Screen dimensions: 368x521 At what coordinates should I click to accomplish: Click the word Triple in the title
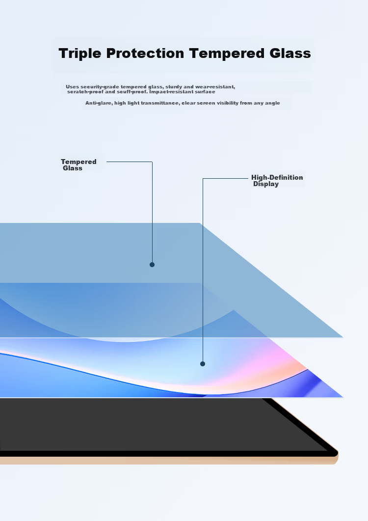tap(79, 54)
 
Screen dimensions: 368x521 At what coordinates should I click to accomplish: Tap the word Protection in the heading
tap(145, 53)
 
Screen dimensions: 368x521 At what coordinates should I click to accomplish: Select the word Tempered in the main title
tap(227, 53)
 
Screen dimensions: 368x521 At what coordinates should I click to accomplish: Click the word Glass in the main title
tap(290, 53)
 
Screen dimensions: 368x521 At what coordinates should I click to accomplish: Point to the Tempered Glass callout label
tap(79, 165)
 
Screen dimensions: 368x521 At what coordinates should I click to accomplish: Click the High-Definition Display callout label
tap(277, 181)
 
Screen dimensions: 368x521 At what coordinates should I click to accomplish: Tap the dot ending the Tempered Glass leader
tap(152, 265)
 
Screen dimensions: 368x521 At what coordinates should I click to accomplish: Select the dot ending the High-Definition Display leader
tap(203, 364)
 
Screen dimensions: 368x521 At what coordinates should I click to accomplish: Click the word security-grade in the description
tap(100, 87)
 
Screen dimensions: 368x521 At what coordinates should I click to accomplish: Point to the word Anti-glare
tap(99, 103)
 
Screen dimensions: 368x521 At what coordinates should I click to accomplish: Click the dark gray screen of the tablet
tap(150, 424)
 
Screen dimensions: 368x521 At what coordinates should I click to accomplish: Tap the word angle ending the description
tap(272, 103)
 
